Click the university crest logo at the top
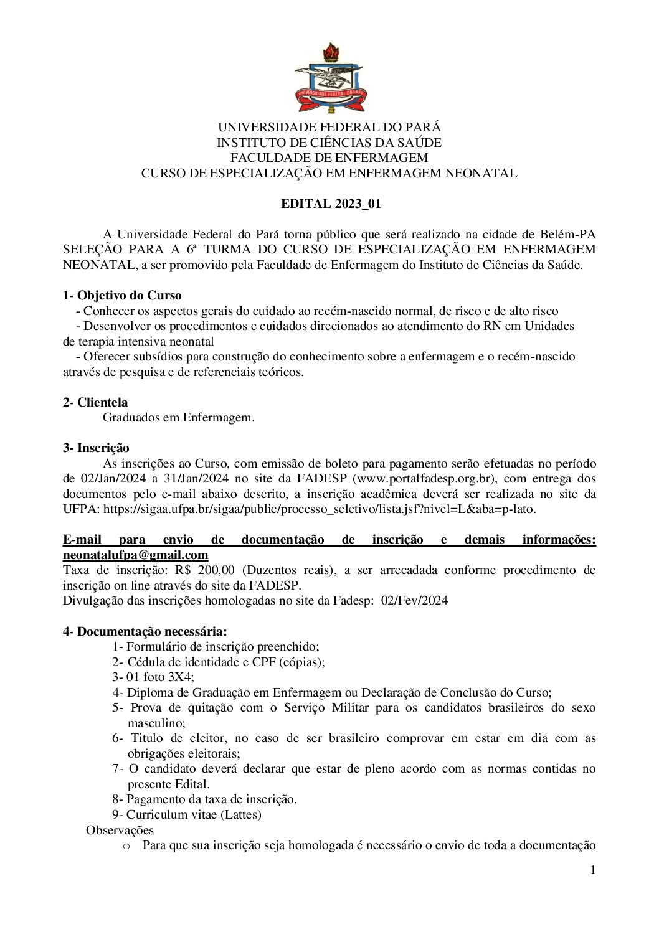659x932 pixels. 329,78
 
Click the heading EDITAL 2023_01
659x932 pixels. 329,204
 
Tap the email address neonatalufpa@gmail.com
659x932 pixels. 135,555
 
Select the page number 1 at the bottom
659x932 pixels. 593,870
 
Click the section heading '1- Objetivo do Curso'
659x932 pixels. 122,296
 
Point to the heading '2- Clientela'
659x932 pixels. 95,403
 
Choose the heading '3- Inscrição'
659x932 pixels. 96,448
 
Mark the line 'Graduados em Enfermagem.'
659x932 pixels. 178,418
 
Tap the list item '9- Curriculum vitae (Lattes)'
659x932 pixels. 187,814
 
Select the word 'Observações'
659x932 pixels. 120,830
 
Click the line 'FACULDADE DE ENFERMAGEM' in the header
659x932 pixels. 329,158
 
